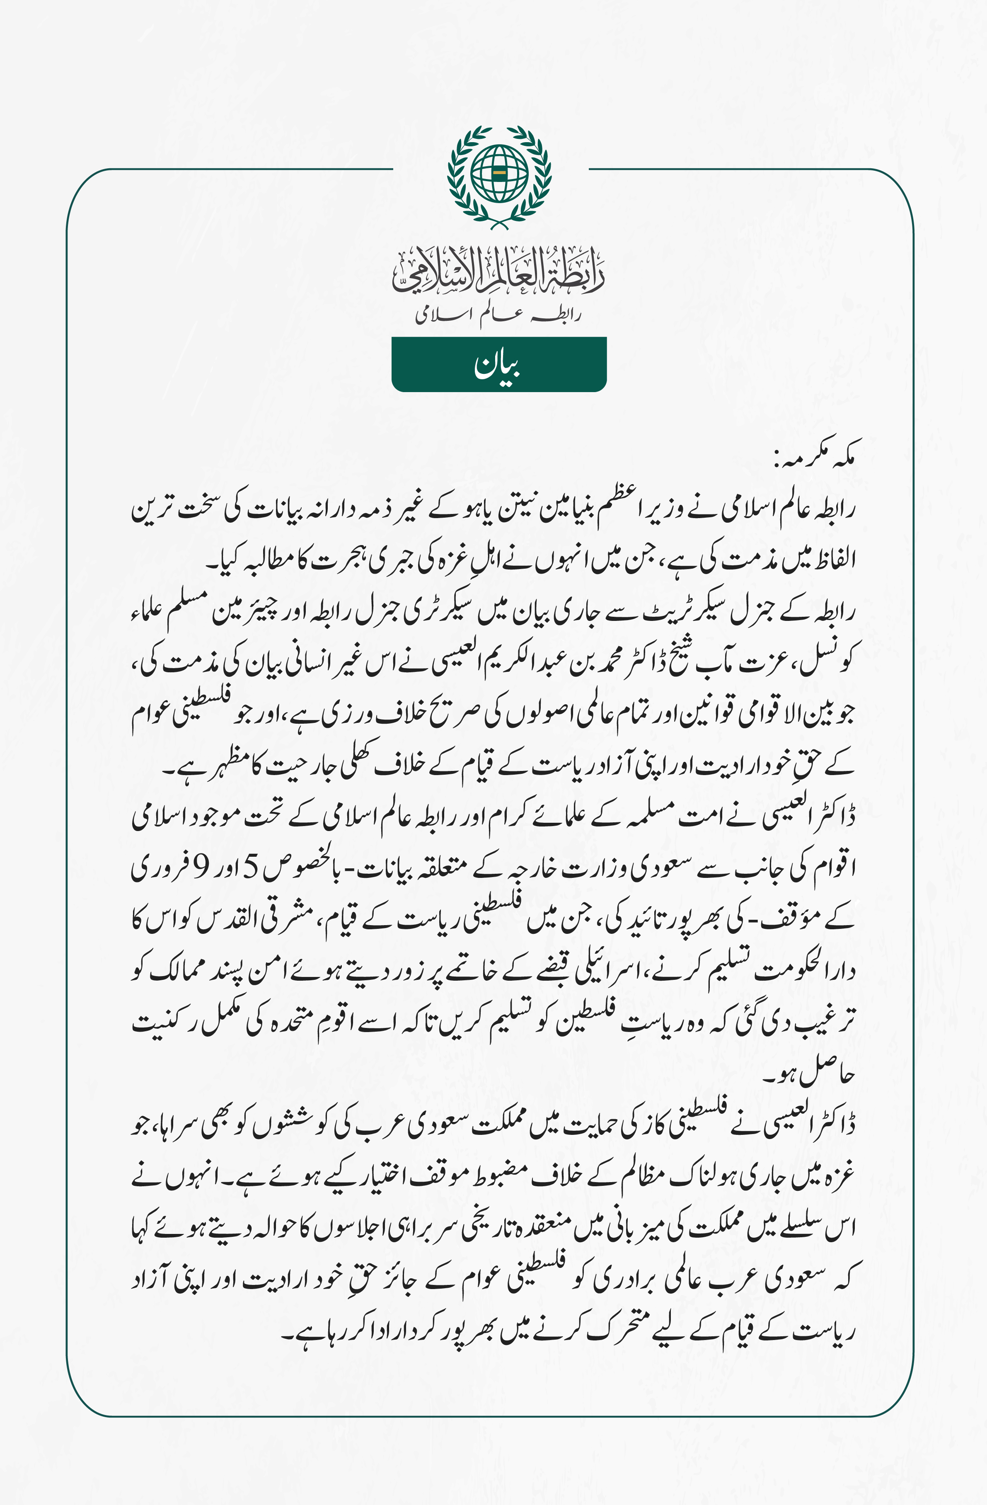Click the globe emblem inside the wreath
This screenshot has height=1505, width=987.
coord(499,172)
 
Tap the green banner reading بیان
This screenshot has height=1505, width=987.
coord(499,364)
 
